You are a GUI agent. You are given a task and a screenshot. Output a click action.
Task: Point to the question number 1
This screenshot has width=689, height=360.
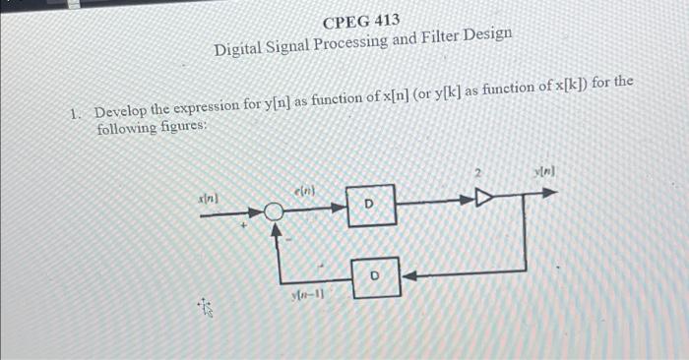click(75, 111)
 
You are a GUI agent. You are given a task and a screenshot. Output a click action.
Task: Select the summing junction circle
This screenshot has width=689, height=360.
click(276, 210)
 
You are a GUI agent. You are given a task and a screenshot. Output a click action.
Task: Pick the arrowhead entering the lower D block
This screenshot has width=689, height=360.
click(407, 275)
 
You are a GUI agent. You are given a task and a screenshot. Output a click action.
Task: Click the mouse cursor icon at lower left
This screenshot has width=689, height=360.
click(206, 311)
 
